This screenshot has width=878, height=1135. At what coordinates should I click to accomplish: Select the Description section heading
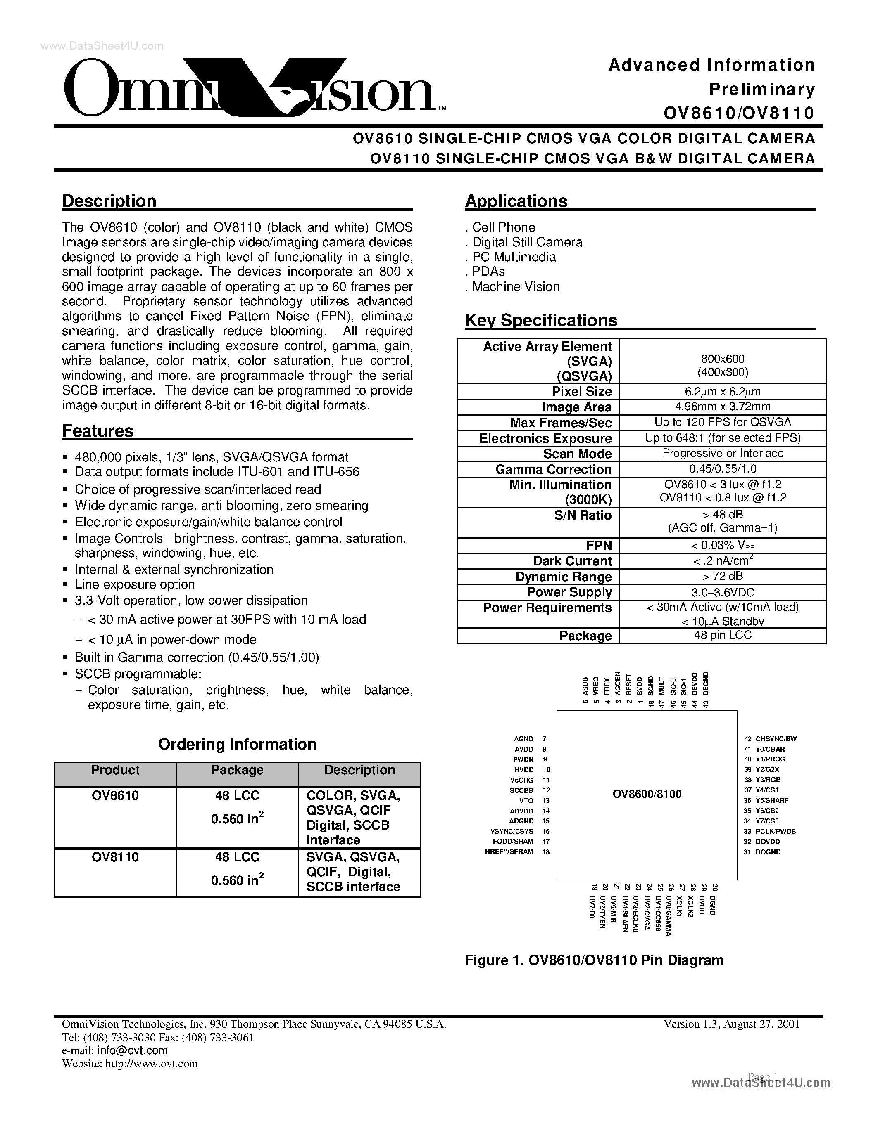pos(109,201)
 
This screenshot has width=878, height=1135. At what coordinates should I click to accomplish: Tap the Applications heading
pos(516,201)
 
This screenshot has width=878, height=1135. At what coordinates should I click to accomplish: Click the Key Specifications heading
pos(541,320)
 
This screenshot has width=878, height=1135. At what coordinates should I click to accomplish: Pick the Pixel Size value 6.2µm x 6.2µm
pos(723,392)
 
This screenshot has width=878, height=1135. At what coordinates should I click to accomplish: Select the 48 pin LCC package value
pos(723,635)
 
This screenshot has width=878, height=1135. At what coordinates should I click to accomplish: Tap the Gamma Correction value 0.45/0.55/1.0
pos(723,469)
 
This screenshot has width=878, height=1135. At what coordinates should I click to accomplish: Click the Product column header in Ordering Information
pos(115,770)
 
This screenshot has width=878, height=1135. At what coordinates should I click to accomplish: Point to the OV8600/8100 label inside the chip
pos(647,794)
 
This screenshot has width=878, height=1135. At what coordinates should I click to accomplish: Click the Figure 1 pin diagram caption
pos(594,960)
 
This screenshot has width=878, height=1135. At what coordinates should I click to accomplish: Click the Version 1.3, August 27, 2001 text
pos(731,1024)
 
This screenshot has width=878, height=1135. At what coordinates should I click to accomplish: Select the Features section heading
pos(98,431)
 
